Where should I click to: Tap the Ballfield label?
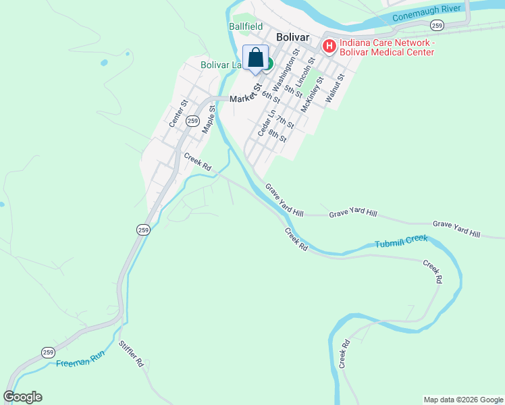(x=245, y=26)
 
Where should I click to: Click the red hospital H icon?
(x=329, y=46)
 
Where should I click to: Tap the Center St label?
(x=178, y=113)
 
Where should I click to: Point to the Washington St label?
(x=285, y=74)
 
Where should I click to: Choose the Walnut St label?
(x=335, y=88)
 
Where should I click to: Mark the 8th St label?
(x=277, y=135)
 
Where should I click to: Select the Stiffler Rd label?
(x=131, y=354)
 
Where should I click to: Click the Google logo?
(x=22, y=397)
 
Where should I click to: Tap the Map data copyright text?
(x=462, y=400)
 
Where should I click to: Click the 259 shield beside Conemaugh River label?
(x=437, y=25)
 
